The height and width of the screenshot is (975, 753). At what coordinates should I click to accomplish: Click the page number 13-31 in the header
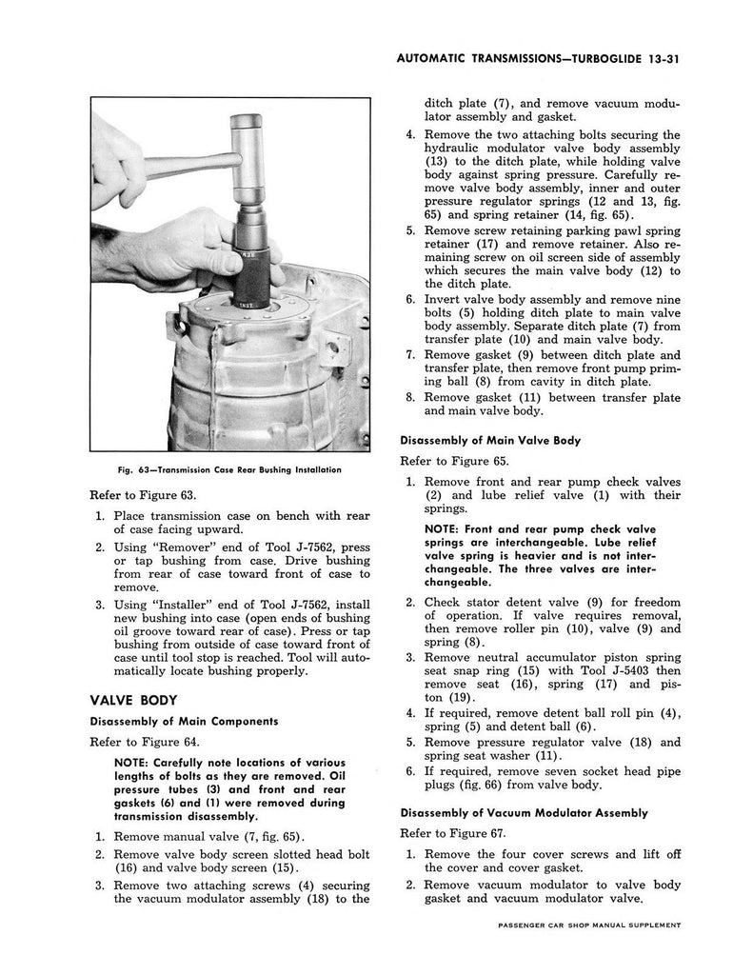point(661,59)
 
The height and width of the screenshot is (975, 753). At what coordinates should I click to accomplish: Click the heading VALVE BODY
point(133,700)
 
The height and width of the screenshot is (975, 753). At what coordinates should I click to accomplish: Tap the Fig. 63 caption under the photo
point(229,470)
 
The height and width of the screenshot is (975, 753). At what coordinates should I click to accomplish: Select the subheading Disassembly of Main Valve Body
point(490,440)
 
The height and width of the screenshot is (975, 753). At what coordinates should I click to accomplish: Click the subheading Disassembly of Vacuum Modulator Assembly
point(524,813)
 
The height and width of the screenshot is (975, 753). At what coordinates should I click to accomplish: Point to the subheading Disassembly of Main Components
point(184,722)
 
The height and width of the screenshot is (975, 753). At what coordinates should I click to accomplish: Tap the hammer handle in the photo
point(187,167)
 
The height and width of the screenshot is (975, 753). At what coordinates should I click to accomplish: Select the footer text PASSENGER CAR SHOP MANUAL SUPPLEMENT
point(589,925)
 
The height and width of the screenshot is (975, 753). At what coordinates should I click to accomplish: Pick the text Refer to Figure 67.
point(453,833)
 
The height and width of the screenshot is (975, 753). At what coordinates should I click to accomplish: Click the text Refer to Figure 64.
point(145,742)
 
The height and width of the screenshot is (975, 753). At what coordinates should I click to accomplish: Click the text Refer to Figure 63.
point(143,495)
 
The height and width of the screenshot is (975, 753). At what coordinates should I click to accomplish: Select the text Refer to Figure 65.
point(454,461)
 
